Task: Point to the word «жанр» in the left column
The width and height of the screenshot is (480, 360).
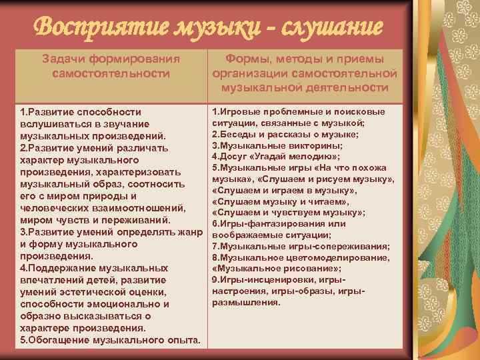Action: point(187,232)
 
